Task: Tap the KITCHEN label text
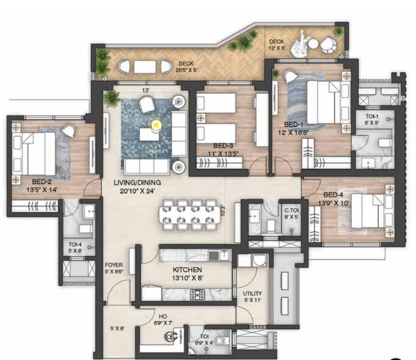point(188,270)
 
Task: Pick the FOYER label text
point(113,265)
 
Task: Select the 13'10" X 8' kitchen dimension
point(188,278)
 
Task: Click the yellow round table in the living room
point(156,124)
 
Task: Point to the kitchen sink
point(218,255)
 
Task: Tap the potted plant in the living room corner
point(112,98)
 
